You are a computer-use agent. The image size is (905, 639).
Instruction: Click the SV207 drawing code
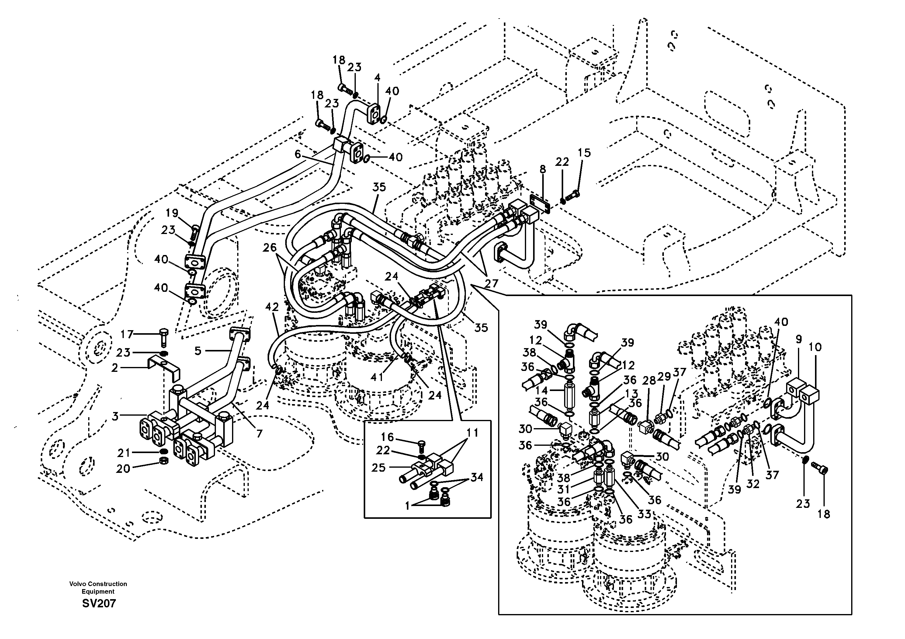tap(99, 603)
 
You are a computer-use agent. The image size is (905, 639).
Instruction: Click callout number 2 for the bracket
tap(115, 368)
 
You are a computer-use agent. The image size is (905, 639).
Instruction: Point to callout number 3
tap(115, 416)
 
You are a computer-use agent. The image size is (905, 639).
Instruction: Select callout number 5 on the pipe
tap(198, 350)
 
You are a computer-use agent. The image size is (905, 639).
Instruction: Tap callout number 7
tap(259, 434)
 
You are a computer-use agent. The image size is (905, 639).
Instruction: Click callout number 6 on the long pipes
tap(298, 154)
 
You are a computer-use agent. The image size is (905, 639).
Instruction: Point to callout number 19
tap(172, 213)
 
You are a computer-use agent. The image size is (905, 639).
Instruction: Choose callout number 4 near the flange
tap(377, 78)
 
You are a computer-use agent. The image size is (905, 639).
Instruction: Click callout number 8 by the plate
tap(543, 169)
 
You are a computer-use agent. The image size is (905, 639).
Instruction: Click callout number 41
tap(377, 377)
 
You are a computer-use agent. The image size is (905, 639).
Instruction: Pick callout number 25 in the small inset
tap(378, 467)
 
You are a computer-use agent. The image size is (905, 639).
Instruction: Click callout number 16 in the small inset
tap(387, 437)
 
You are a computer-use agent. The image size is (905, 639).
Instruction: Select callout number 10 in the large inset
tap(815, 347)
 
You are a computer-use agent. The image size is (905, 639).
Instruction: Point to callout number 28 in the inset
tap(649, 381)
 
